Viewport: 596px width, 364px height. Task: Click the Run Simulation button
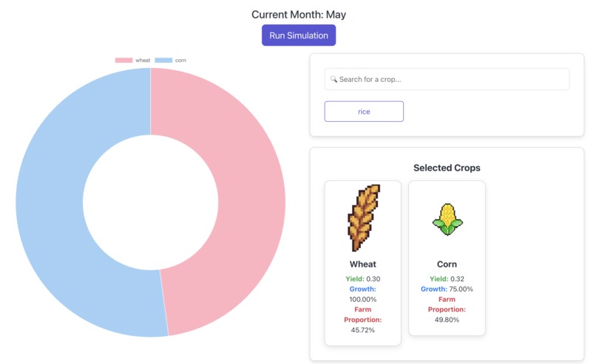coord(299,35)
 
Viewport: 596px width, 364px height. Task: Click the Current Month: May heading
coord(299,15)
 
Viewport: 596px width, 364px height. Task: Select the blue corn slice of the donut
coord(52,199)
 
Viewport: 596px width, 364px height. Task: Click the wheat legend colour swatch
coord(123,60)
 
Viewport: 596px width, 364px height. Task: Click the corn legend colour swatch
coord(163,60)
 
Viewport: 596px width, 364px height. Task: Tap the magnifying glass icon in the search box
coord(333,79)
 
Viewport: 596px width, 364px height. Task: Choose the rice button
coord(364,111)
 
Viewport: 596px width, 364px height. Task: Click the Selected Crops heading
coord(447,168)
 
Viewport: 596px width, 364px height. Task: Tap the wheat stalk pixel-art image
coord(363,217)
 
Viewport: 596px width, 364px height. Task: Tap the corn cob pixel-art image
coord(447,219)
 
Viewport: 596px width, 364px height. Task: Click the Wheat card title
coord(363,264)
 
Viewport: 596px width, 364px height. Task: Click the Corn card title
coord(447,264)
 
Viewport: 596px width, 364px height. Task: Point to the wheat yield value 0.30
coord(373,278)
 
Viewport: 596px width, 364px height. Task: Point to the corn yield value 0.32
coord(458,278)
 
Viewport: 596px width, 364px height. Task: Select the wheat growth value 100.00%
coord(363,299)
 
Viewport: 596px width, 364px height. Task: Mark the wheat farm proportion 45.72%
coord(363,329)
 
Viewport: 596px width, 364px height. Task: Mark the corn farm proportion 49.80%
coord(447,319)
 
